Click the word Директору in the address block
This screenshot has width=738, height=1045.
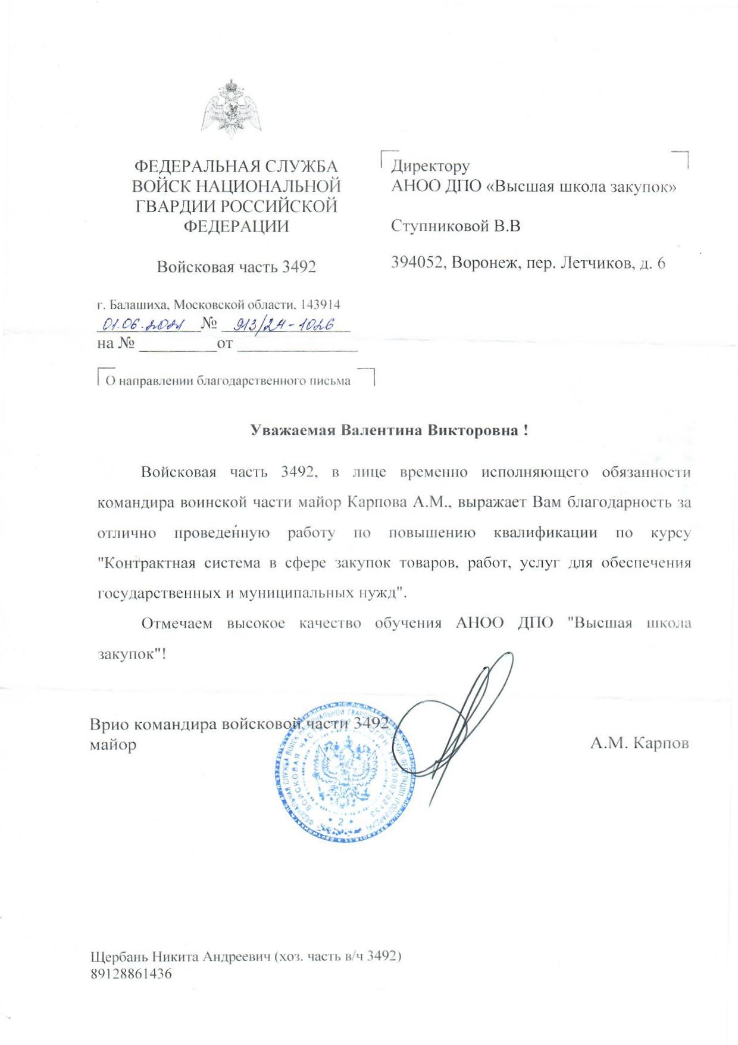[x=430, y=166]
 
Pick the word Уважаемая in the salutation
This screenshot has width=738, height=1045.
[x=292, y=431]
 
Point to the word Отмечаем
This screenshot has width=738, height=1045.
[x=176, y=623]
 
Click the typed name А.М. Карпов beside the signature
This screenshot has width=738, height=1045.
[x=639, y=743]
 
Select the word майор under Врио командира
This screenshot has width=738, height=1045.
[x=113, y=745]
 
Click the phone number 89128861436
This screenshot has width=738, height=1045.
[x=131, y=974]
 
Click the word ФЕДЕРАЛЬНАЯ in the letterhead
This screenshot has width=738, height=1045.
[x=192, y=167]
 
